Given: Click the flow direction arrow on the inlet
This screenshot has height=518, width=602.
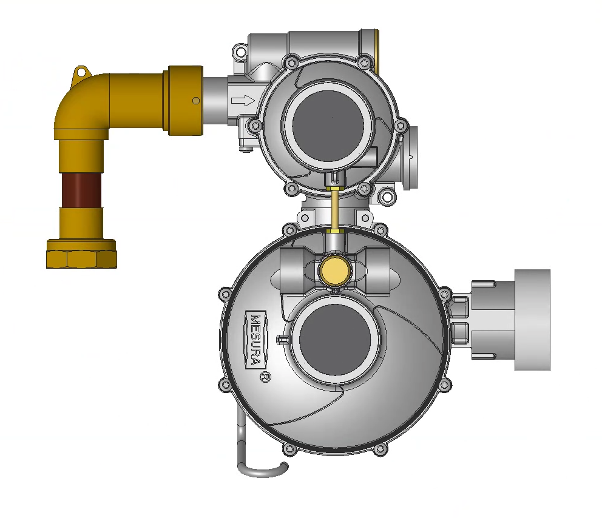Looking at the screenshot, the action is tap(243, 101).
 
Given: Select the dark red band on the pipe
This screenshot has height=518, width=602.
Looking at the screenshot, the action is tap(81, 190).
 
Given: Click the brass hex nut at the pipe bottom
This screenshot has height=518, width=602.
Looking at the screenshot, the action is tap(81, 254).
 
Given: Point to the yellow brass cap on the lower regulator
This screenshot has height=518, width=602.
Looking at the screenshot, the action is tap(335, 271).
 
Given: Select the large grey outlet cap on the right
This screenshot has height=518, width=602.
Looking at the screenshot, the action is tap(532, 320).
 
